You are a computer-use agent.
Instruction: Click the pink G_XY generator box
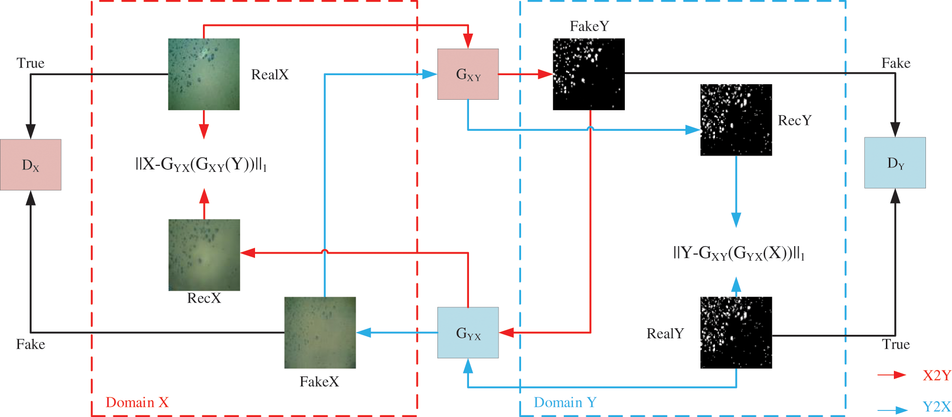[467, 74]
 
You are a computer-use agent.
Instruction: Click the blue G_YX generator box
[467, 333]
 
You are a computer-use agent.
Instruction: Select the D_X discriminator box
[31, 165]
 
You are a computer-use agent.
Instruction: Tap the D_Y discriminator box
[895, 163]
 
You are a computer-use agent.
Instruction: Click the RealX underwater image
[203, 74]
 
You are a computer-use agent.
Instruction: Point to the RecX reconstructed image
[204, 255]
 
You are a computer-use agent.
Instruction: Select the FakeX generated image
[320, 333]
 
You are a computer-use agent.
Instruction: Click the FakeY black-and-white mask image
[588, 74]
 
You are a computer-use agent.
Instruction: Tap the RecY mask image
[736, 120]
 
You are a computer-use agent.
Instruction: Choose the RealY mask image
[736, 333]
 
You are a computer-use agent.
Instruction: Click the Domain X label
[137, 402]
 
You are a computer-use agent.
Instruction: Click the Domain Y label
[565, 402]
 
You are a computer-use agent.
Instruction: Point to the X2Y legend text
[936, 375]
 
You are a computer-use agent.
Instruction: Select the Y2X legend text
[936, 406]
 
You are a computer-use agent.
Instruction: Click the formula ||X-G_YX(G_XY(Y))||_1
[201, 164]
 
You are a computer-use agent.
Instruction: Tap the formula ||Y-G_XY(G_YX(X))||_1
[739, 253]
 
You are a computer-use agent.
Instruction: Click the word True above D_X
[31, 63]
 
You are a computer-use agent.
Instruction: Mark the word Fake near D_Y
[895, 63]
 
